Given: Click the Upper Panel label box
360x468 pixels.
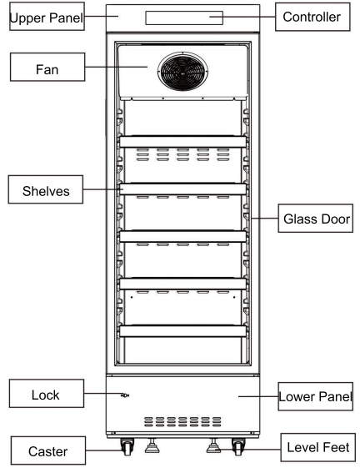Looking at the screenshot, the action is tap(47, 17).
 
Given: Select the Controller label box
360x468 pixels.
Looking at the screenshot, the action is tap(312, 17).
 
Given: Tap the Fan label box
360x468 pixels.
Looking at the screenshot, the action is tap(47, 68).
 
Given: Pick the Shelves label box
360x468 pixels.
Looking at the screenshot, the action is tap(46, 189).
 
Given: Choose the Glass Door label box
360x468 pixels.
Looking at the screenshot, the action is tap(316, 219).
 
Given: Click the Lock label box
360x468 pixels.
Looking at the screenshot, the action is tap(47, 394).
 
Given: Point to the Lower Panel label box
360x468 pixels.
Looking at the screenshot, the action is tap(316, 396).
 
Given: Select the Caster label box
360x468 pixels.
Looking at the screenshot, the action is tap(48, 450).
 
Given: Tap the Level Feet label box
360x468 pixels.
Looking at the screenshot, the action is tap(318, 447).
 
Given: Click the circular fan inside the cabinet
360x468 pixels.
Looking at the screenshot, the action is tap(182, 72).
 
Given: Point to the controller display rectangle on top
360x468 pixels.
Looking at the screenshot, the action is tap(184, 18).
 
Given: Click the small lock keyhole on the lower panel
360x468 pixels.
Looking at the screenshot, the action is tap(125, 395).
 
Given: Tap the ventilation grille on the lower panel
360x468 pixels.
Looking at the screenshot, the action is tap(182, 422).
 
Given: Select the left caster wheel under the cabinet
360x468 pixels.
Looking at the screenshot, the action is tap(127, 447).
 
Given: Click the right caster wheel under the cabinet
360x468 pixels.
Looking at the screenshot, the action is tap(238, 447).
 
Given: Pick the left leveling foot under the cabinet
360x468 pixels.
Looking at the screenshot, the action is tap(152, 445).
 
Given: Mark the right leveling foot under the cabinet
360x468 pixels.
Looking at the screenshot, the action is tap(213, 445).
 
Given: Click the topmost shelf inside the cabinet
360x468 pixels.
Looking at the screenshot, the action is tap(182, 142).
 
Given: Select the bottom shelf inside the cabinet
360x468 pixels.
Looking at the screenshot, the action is tap(182, 331).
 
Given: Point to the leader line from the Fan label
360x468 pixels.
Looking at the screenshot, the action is tap(117, 67).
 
